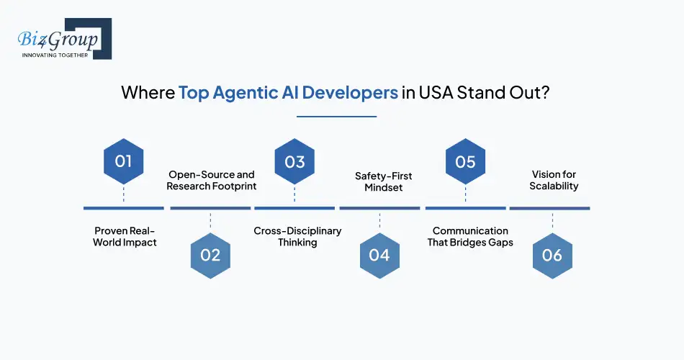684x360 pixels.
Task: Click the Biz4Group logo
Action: (x=65, y=39)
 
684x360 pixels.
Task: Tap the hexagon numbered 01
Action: (x=123, y=161)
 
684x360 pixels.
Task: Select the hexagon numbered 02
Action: (x=210, y=256)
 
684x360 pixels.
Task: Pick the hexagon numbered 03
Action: (x=294, y=161)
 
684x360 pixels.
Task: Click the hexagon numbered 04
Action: (x=379, y=256)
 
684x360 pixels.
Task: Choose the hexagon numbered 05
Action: (x=465, y=161)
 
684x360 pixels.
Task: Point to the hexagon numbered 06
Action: (x=552, y=256)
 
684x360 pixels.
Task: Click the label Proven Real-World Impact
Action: (x=125, y=236)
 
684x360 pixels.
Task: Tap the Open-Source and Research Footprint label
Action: (x=212, y=180)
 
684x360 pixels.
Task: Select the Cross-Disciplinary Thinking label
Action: (x=297, y=236)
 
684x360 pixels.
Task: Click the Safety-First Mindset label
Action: (x=384, y=181)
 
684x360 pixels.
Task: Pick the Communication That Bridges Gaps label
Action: (x=470, y=236)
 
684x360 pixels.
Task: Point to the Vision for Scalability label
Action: (x=554, y=180)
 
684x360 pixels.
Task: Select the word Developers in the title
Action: (x=350, y=93)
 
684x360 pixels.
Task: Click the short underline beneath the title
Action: (x=336, y=117)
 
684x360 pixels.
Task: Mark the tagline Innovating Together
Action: (x=55, y=55)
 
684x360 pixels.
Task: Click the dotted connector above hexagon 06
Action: (x=552, y=221)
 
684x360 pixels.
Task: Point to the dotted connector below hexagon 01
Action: (x=123, y=194)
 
